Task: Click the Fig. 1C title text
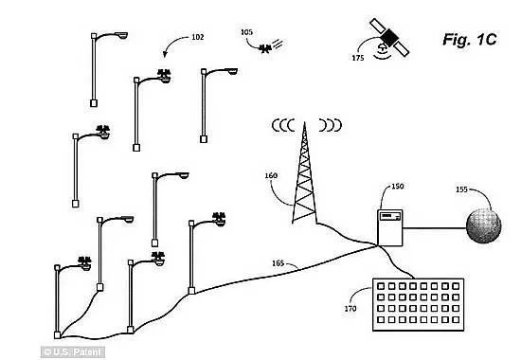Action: point(469,40)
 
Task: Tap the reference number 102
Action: point(198,37)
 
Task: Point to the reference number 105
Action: point(246,32)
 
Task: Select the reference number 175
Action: point(358,58)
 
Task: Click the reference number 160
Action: point(271,175)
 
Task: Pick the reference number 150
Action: point(398,186)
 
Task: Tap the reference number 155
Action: point(461,189)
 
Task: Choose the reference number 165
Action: point(278,263)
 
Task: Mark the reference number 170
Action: point(350,309)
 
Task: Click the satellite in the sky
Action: point(389,37)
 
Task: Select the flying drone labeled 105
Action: point(265,49)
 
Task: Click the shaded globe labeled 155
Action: point(484,226)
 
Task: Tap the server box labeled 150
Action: point(390,227)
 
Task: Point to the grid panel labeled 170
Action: point(418,304)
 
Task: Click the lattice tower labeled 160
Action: point(304,172)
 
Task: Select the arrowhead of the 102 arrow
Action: point(165,55)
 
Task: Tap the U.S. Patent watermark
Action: point(73,352)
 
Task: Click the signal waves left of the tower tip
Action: point(283,125)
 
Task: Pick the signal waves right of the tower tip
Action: point(330,125)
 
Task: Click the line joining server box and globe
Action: point(435,228)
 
